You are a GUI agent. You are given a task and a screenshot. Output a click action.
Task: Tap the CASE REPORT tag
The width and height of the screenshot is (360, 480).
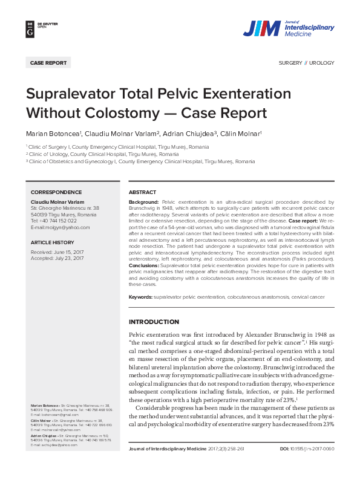pos(48,63)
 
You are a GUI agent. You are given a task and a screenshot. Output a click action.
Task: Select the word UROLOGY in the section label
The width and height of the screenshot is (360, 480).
pos(322,63)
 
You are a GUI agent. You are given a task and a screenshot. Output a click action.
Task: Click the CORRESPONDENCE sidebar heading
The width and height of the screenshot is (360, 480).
pos(56,192)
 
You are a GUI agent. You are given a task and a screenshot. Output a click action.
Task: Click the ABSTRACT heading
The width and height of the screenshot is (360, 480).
pos(143,192)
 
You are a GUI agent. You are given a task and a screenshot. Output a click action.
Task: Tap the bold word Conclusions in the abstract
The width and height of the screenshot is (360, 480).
pos(144,265)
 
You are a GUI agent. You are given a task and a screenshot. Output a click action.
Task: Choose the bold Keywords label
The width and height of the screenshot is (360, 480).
pos(140,297)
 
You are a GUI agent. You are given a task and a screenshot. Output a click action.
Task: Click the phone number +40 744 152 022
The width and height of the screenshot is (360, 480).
pos(53,221)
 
